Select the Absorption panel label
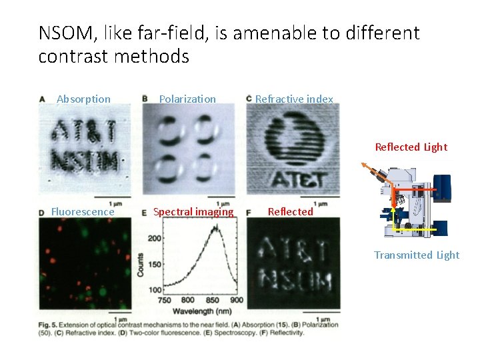tap(83, 99)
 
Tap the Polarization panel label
tap(187, 99)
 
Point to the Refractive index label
tap(294, 99)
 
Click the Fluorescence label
tap(83, 212)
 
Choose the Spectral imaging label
tap(193, 212)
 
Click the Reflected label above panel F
tap(290, 212)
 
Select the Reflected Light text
tap(411, 147)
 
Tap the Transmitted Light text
tap(416, 255)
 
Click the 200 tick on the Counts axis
tap(154, 239)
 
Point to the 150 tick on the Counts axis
tap(154, 265)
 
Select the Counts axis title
tap(141, 265)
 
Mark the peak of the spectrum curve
tap(215, 227)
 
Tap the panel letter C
tap(249, 99)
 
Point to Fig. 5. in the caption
tap(51, 325)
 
